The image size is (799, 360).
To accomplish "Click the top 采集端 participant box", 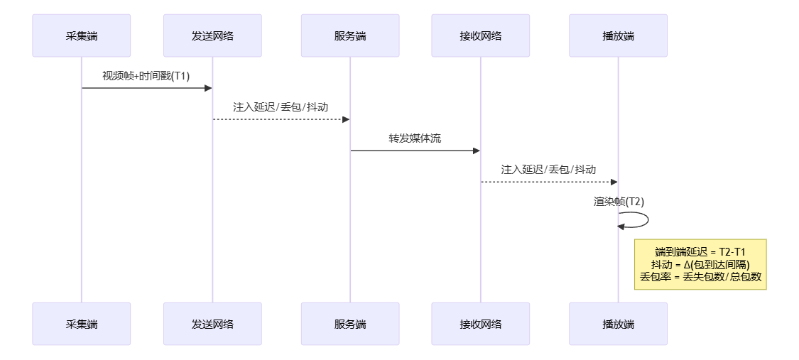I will pos(82,36).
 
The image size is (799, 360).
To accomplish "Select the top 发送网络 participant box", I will pos(212,36).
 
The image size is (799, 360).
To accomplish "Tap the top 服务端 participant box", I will pos(350,36).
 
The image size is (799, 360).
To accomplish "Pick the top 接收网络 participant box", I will pos(481,36).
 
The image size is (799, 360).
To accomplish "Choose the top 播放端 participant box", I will pos(618,36).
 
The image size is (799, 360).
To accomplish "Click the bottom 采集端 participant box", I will pos(82,324).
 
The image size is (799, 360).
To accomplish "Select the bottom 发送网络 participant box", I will pos(212,324).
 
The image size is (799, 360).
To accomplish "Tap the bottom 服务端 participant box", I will pos(350,324).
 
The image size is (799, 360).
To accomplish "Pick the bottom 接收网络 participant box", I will pos(481,324).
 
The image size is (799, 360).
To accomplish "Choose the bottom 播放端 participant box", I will pos(618,324).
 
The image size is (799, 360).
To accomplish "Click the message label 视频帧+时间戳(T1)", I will pos(146,76).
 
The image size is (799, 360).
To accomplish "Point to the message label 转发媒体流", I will pos(415,138).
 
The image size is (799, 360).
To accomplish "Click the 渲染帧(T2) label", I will pos(619,201).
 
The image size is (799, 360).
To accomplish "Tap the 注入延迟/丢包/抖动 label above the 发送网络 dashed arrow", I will pos(281,107).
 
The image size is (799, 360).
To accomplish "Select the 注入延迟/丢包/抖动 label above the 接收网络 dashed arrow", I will pos(548,170).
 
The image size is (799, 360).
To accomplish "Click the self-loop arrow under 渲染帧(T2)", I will pos(646,219).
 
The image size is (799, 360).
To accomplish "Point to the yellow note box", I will pos(700,264).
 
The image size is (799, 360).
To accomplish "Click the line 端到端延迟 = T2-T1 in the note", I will pos(700,252).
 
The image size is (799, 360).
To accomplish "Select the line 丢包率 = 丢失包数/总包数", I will pos(700,277).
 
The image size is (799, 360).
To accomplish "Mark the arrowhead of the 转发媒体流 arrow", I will pos(477,151).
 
